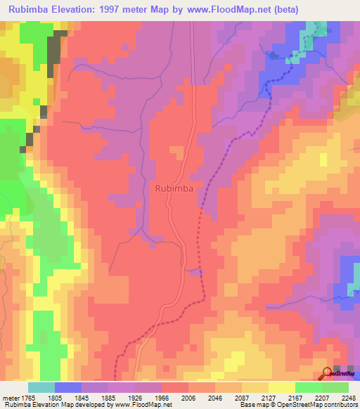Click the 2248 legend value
[349, 397]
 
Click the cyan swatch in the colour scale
[41, 387]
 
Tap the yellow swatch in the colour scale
[282, 387]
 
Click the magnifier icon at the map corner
[328, 374]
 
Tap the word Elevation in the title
[80, 10]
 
